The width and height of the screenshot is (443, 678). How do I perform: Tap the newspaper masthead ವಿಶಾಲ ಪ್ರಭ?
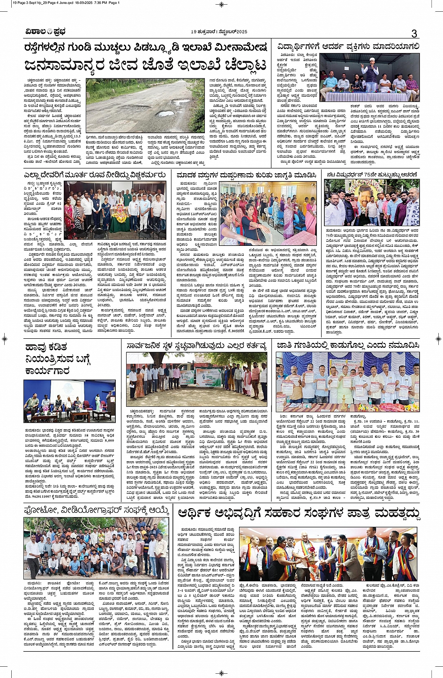pyautogui.click(x=46, y=32)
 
